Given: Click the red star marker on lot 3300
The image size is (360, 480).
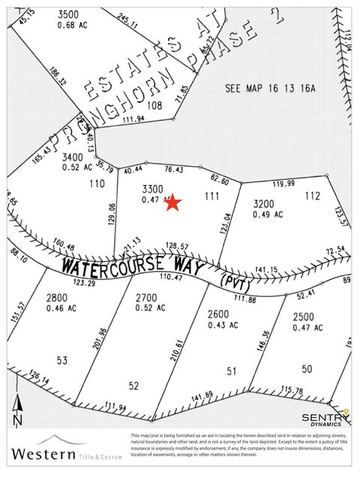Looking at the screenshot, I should click(x=173, y=202).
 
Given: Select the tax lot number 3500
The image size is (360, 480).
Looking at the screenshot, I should click(x=68, y=14).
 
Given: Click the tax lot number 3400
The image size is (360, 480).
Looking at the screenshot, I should click(x=72, y=157).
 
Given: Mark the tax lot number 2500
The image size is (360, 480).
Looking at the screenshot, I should click(x=304, y=317).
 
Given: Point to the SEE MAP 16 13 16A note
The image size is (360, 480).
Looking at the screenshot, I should click(x=271, y=88).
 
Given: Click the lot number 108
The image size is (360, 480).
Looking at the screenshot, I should click(x=154, y=106).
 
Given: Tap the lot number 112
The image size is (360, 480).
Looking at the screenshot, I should click(x=313, y=196).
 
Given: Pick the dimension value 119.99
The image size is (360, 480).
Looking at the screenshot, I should click(x=283, y=183).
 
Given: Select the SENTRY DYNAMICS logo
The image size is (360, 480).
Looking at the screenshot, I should click(x=325, y=418).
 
